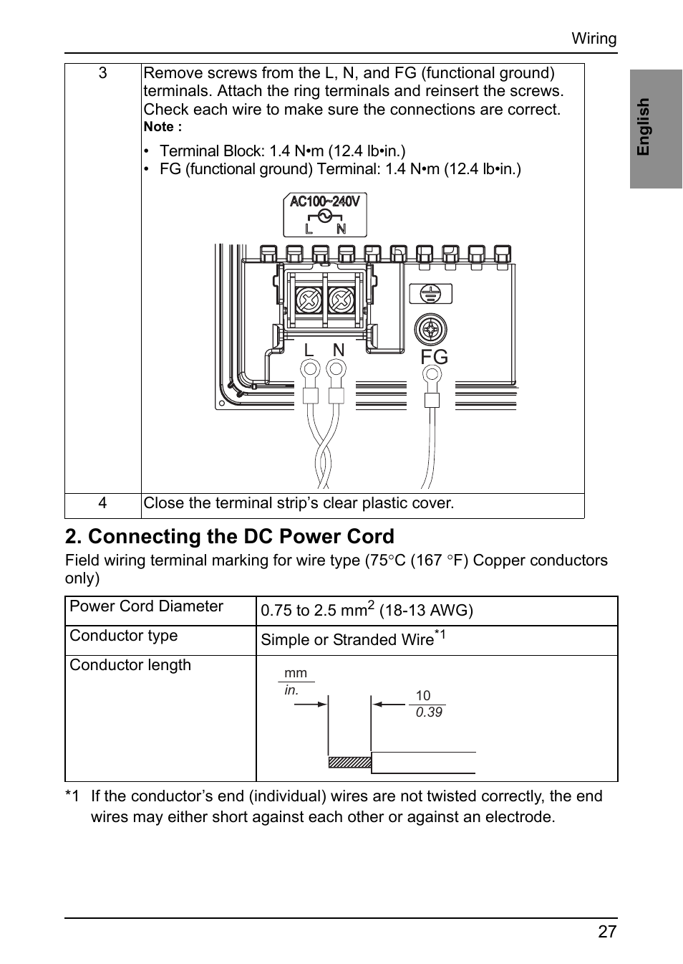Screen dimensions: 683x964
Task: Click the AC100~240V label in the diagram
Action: pos(324,201)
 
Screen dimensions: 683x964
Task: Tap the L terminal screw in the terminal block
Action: pos(309,300)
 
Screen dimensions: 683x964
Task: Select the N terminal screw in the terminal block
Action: pos(341,300)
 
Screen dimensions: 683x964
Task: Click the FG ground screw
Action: pos(431,330)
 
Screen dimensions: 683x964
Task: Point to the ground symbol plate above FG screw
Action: pos(430,294)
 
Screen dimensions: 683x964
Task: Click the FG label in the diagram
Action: pos(434,357)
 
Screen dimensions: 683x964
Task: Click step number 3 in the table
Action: pos(102,72)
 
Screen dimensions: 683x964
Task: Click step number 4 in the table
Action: pos(102,502)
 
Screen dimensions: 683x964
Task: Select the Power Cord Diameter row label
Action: pos(146,606)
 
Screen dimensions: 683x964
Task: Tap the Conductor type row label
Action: pos(123,635)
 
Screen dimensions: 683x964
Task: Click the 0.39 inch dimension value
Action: pos(429,712)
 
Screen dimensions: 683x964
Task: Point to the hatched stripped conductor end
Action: pos(350,762)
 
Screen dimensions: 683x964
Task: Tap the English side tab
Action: pos(656,129)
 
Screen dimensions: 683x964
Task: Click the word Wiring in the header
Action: pos(594,38)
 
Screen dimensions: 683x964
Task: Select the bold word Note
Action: pos(160,127)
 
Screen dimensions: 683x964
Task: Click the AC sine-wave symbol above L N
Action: pos(325,216)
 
